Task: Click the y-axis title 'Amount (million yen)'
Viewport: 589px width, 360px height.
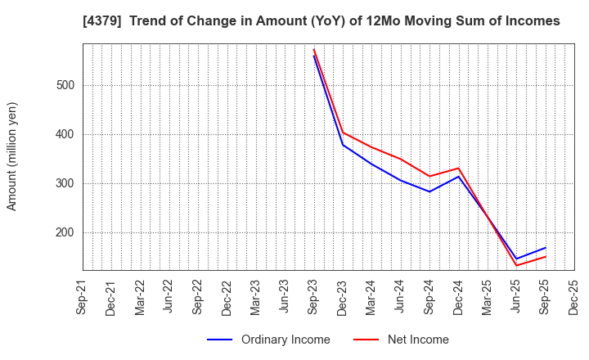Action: [x=12, y=156]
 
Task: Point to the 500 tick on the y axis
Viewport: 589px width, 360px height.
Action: [x=65, y=85]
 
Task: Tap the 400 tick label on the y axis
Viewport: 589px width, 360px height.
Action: [x=65, y=134]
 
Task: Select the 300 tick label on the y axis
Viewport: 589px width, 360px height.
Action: [x=65, y=183]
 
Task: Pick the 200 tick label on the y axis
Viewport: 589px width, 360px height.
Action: [x=65, y=232]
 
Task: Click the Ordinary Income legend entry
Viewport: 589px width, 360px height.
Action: [x=269, y=340]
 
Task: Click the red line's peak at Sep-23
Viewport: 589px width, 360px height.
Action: [x=313, y=49]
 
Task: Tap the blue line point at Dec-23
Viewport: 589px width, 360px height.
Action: [x=343, y=145]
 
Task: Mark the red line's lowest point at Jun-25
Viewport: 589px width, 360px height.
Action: [x=516, y=265]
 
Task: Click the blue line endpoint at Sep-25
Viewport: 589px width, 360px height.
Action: [x=545, y=247]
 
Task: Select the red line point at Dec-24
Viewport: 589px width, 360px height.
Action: [x=458, y=169]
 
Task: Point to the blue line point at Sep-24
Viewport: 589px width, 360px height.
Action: [x=429, y=191]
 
